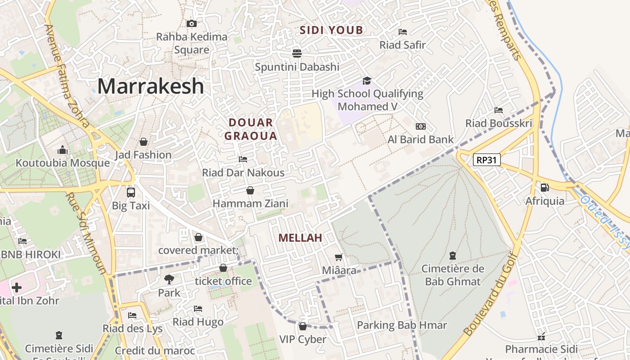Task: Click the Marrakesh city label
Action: (150, 86)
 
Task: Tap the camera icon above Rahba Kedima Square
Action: (192, 23)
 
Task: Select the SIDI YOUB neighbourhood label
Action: (331, 30)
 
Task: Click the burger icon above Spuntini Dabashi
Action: (297, 54)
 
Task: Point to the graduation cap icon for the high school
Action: (367, 81)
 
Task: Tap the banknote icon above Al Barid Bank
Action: (421, 126)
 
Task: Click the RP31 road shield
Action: (487, 160)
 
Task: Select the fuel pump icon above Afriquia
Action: (544, 187)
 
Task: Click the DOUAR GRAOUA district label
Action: (251, 129)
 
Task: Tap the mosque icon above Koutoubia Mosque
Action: (63, 149)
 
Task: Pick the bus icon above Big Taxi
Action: (131, 192)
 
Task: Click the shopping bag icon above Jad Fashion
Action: (144, 142)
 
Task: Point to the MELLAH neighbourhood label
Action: (300, 238)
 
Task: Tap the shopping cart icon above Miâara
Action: (339, 257)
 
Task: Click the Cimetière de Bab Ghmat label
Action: (453, 275)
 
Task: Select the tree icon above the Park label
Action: (169, 279)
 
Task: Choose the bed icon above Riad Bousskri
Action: (499, 110)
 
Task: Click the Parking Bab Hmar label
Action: (402, 325)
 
